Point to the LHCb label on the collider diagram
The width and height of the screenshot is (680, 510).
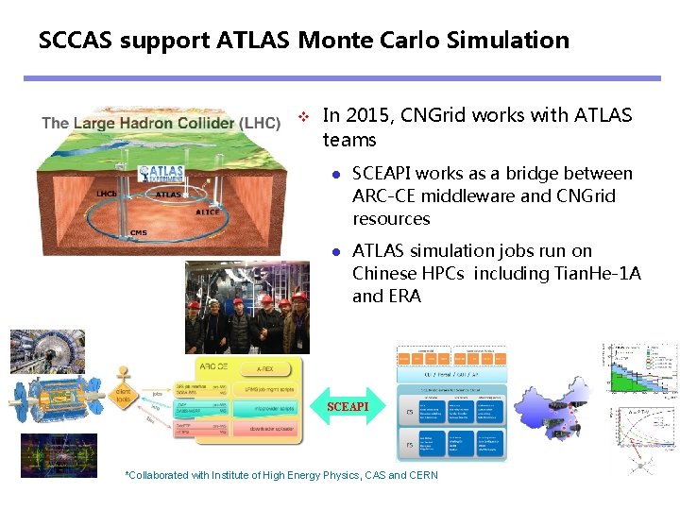(107, 194)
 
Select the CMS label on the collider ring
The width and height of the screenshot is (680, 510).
(138, 231)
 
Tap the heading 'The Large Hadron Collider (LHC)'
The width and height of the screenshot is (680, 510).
(161, 123)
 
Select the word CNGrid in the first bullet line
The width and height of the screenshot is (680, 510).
(432, 116)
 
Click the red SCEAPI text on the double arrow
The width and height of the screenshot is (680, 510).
(348, 407)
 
